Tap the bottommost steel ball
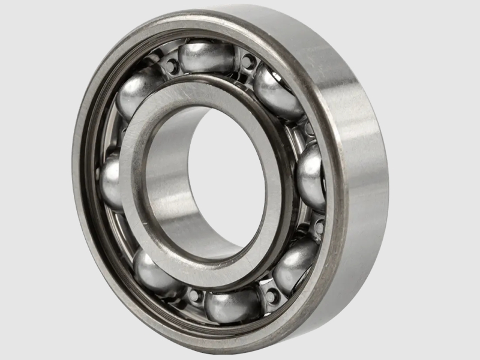point(233,305)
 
